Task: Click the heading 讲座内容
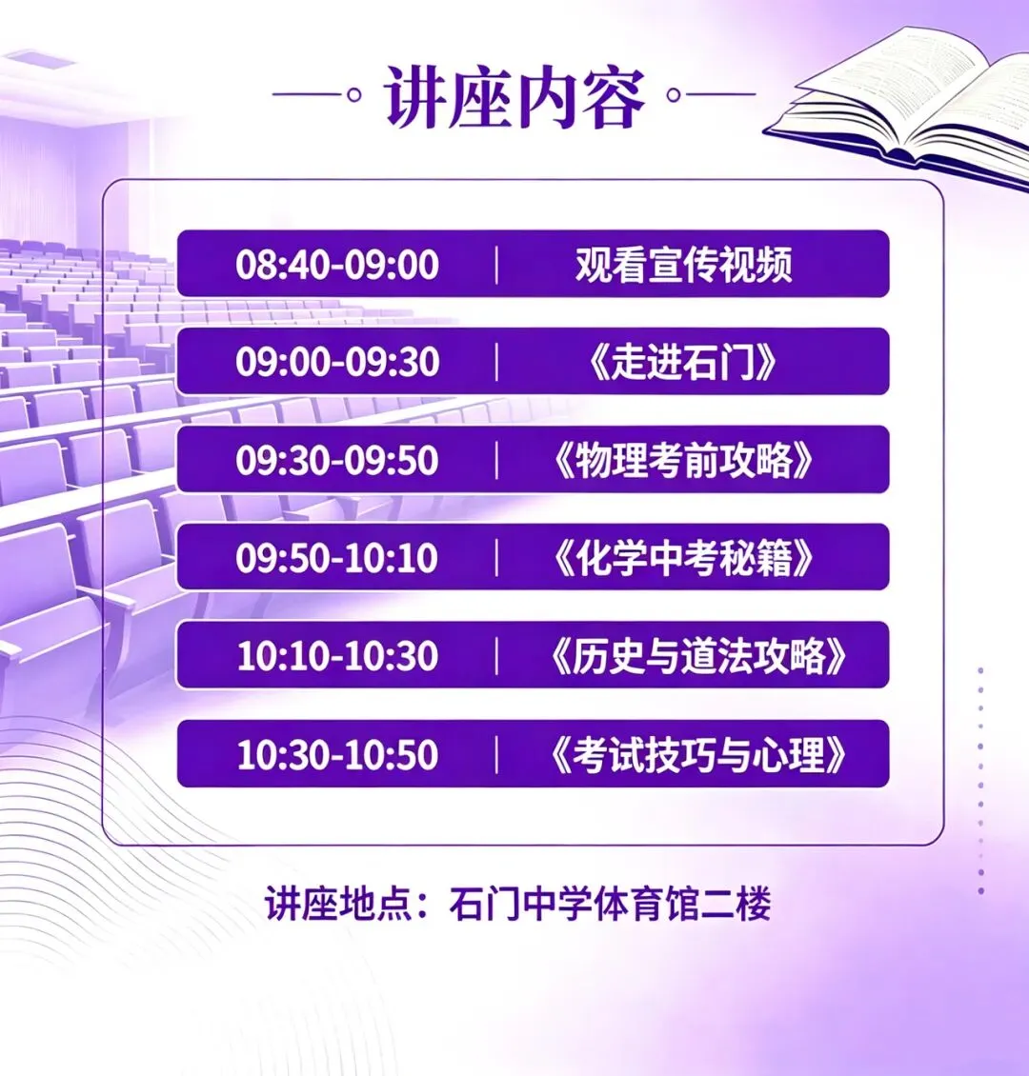(515, 97)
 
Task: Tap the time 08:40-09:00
(337, 265)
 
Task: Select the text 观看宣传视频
(683, 265)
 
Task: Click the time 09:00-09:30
(337, 363)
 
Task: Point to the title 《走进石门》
(683, 363)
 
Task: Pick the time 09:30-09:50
(337, 461)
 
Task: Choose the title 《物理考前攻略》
(683, 461)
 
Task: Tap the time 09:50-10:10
(337, 559)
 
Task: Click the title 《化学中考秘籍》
(683, 559)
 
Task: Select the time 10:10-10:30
(337, 657)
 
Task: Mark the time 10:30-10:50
(337, 755)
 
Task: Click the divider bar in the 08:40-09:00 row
(497, 265)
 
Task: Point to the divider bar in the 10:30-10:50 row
(497, 755)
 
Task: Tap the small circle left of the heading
(354, 95)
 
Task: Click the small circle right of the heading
(674, 95)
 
